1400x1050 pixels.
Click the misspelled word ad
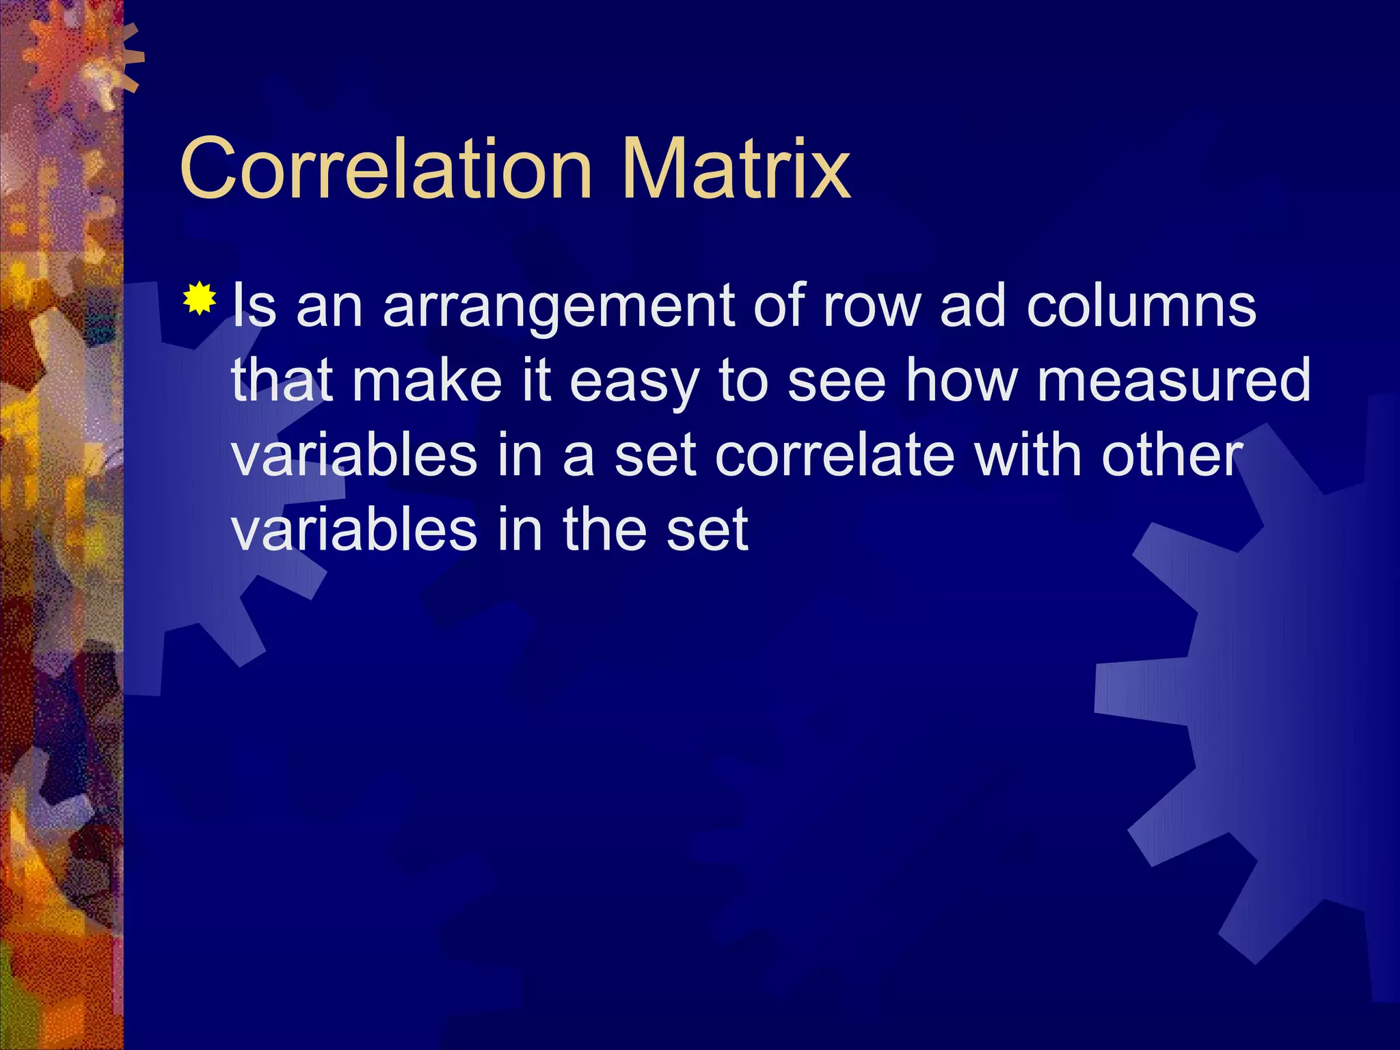coord(971,306)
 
